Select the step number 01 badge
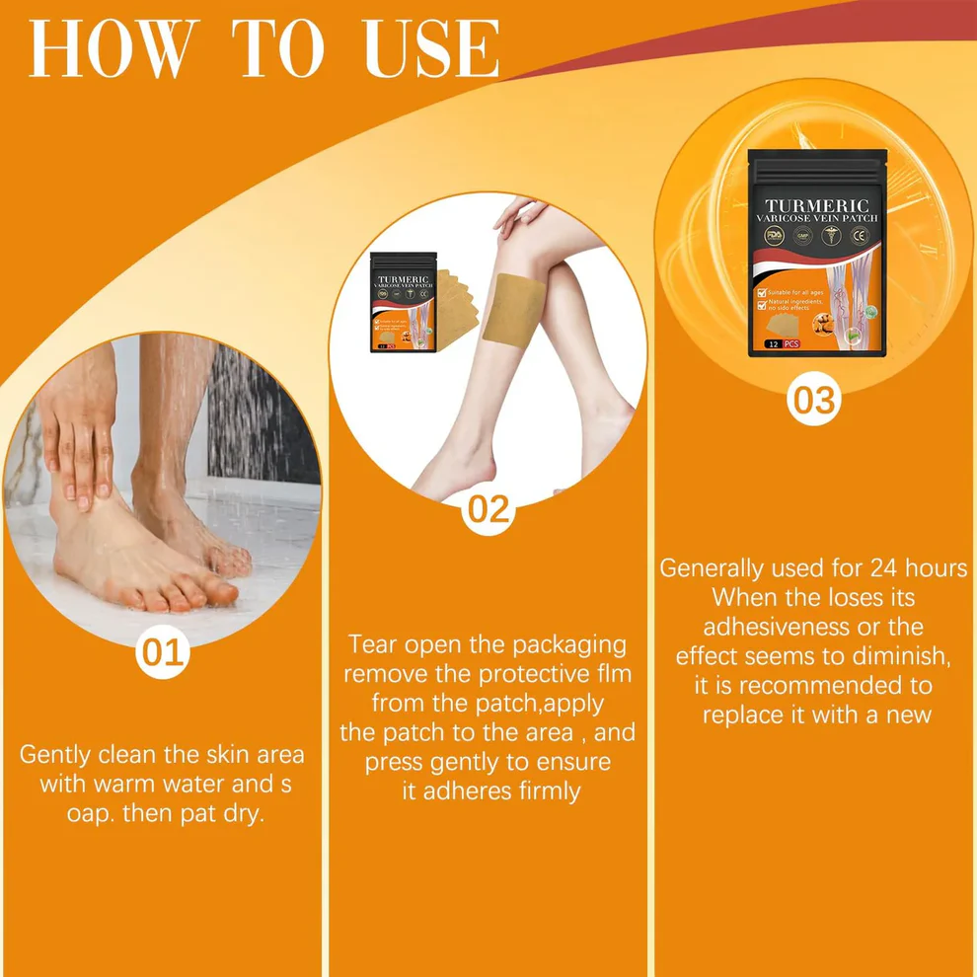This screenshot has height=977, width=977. pyautogui.click(x=163, y=653)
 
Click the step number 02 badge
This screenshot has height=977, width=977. pyautogui.click(x=488, y=509)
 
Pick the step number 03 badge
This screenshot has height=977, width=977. pyautogui.click(x=814, y=400)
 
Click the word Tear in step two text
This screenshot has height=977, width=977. pyautogui.click(x=373, y=645)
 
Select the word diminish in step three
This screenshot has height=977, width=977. pyautogui.click(x=899, y=655)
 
